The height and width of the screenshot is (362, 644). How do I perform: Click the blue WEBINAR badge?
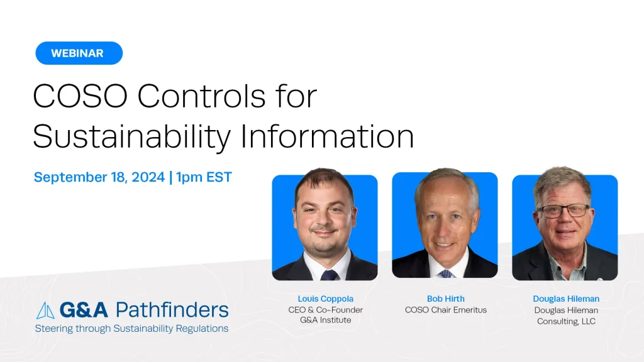point(79,53)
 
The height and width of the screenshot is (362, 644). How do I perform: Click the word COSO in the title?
point(80,96)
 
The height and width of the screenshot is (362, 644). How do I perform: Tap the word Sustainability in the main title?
point(132,136)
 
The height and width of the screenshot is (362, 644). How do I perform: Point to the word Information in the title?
point(327,136)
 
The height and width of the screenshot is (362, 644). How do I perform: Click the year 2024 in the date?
point(148,177)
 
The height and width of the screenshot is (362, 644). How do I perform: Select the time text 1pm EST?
point(204,177)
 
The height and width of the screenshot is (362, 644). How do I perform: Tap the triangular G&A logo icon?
point(45,310)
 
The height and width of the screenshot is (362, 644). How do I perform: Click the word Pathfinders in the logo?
point(172,310)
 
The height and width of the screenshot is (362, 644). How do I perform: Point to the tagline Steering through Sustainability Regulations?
point(132,328)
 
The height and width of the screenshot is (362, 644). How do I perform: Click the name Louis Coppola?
point(325,299)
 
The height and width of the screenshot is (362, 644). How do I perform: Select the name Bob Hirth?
point(446,299)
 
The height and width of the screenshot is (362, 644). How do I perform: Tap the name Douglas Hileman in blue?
point(566,299)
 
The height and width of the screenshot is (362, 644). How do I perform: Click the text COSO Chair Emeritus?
point(446,310)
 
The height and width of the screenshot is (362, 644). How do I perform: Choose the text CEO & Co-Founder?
point(325,310)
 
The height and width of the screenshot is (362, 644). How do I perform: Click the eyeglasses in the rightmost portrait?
point(563,211)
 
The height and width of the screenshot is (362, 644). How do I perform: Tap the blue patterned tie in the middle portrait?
point(445,273)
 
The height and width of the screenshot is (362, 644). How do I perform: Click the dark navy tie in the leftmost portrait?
point(328,275)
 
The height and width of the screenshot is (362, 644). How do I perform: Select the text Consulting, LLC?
point(566,321)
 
